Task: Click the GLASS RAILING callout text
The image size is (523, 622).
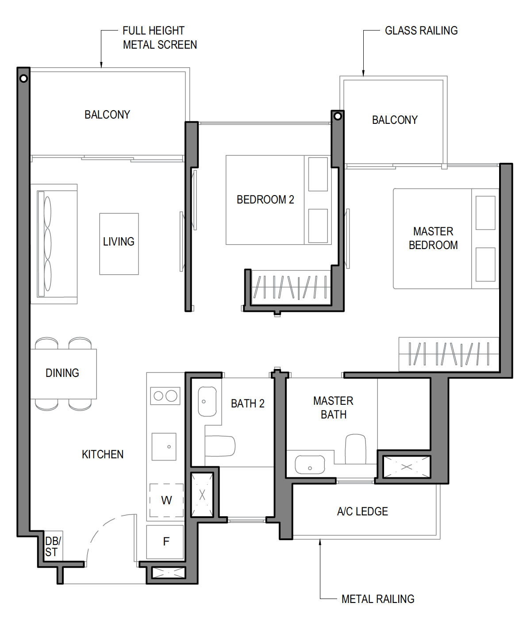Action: coord(421,31)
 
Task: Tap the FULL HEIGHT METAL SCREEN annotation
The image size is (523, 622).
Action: coord(160,38)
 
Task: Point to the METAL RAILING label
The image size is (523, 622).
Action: coord(378,599)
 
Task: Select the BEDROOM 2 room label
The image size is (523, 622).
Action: coord(265,200)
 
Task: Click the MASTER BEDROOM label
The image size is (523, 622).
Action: coord(433,238)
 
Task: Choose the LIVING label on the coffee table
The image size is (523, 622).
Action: coord(119,242)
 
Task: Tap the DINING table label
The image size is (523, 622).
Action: coord(62,373)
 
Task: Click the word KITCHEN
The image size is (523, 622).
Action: coord(103,454)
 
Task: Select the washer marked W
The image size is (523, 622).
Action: coord(166,500)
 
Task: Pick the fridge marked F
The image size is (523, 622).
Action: coord(165,542)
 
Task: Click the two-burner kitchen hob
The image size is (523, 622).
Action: coord(165,396)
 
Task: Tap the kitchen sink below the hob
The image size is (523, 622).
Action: coord(164,446)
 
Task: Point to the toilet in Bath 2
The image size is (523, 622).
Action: coord(220,446)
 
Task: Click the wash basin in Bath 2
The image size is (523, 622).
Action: coord(207,402)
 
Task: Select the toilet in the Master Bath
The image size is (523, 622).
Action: coord(355,449)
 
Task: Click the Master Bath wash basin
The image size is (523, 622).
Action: coord(310,465)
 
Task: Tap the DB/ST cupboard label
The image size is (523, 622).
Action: coord(53,546)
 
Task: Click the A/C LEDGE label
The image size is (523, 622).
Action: coord(362,511)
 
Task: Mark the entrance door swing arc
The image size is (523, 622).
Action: coord(101,530)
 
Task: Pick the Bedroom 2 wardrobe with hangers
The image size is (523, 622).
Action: coord(291,287)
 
